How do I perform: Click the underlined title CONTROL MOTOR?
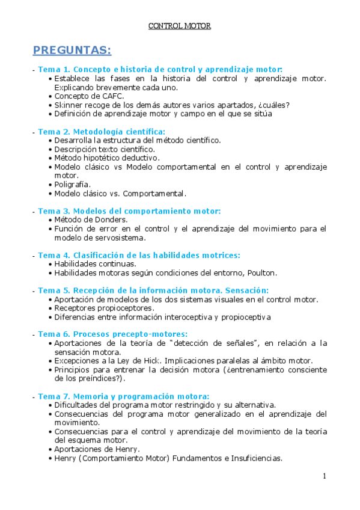(180, 26)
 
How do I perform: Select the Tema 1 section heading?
(160, 69)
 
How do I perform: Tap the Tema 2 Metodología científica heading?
(102, 131)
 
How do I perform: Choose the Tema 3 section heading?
(129, 211)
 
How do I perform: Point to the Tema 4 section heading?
(139, 255)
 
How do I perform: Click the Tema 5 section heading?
(153, 290)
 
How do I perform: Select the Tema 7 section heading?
(123, 396)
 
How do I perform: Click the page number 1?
(325, 476)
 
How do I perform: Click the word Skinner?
(67, 105)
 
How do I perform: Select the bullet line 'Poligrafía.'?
(72, 184)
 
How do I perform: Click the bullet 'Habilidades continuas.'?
(95, 263)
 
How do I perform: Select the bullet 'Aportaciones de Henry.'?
(97, 449)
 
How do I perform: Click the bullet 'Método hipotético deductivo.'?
(106, 158)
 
